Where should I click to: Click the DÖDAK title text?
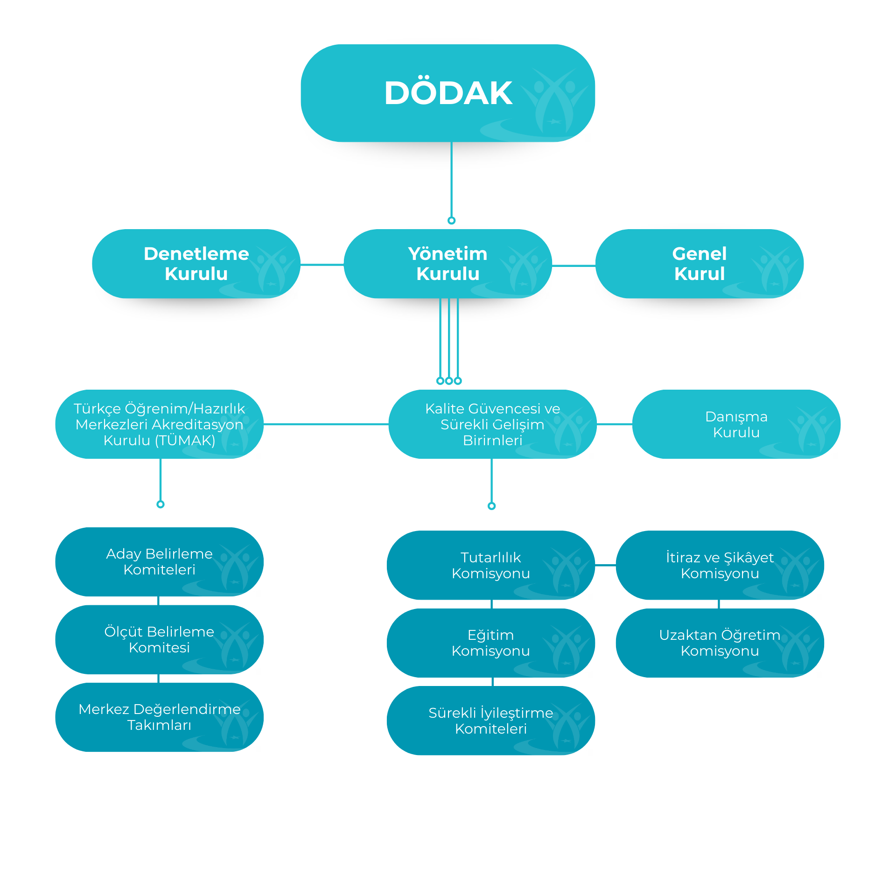448,93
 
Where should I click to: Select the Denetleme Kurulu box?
196,264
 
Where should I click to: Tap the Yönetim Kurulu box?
448,264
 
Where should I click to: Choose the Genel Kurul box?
699,264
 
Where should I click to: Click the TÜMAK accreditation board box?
159,424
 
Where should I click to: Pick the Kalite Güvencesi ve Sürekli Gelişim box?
492,424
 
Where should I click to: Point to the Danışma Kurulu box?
736,424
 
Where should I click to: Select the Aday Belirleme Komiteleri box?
159,562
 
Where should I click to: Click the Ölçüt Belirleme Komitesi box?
159,639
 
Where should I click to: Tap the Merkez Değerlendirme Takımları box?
159,717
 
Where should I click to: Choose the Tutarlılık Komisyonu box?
490,565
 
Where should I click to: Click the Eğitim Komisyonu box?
490,643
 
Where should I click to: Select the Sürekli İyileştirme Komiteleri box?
490,721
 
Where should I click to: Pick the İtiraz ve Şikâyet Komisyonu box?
720,565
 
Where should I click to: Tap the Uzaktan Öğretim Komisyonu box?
720,643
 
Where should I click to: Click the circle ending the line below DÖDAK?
451,220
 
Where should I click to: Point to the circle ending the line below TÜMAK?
161,504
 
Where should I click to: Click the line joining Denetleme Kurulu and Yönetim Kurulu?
322,265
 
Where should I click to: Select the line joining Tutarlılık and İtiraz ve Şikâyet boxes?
605,565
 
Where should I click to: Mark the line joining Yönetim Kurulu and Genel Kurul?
574,266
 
